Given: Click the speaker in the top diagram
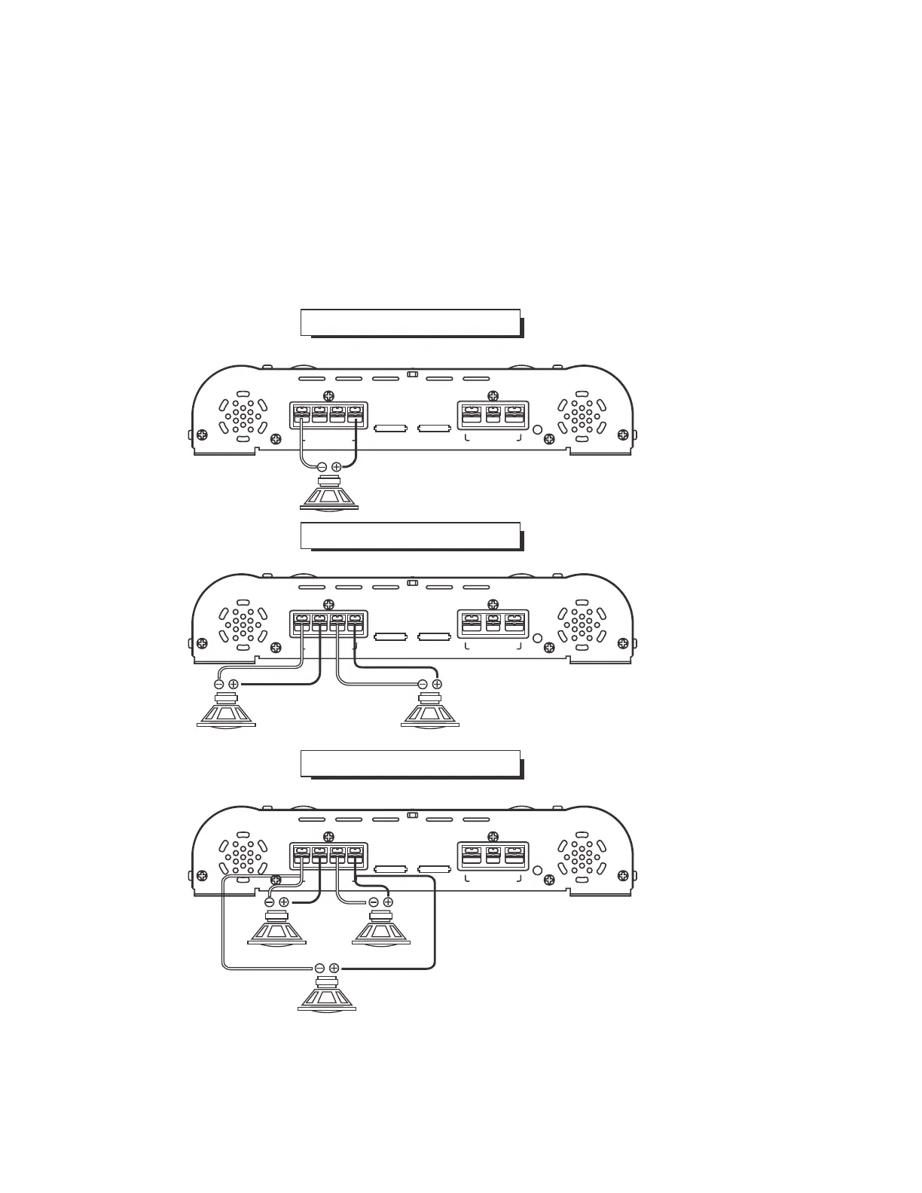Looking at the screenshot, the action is (x=329, y=494).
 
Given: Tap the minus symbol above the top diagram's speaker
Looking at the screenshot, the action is (x=322, y=467).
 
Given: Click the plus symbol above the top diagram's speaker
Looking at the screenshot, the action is (x=337, y=467).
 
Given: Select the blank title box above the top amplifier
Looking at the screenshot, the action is (x=410, y=322).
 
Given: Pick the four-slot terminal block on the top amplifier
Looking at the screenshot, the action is (x=328, y=416).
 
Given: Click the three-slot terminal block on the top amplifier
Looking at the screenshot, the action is (x=493, y=416).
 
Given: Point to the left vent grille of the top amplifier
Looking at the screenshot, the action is (x=243, y=416).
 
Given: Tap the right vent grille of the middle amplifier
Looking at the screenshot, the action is (x=581, y=625).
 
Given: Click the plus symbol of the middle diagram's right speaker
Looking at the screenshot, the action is (x=437, y=684).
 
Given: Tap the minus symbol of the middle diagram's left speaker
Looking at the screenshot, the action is (x=219, y=684).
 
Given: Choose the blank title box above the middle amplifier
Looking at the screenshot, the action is (x=410, y=535).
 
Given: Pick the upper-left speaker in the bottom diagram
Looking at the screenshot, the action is (x=276, y=929).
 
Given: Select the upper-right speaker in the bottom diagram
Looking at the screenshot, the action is (x=380, y=929).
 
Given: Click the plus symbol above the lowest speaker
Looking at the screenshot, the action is (x=334, y=968).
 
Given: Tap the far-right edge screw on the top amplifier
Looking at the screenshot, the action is (x=622, y=435).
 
